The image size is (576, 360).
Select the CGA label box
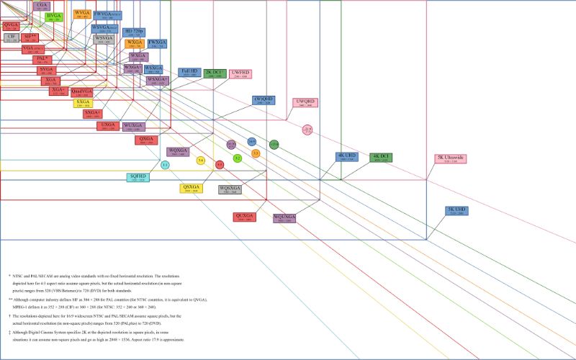pos(41,6)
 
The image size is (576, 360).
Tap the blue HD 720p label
pos(133,32)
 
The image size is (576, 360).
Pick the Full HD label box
pos(189,73)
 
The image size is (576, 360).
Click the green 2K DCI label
pos(215,73)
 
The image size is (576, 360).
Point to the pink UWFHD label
pos(240,73)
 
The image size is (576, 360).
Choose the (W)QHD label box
pos(264,100)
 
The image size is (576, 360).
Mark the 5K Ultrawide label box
pos(450,158)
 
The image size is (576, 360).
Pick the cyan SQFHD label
pos(138,177)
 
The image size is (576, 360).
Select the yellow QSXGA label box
pos(191,188)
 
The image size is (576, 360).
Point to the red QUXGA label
pos(245,216)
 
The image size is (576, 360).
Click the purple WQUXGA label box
pos(284,217)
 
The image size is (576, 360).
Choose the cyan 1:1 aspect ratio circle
pos(165,166)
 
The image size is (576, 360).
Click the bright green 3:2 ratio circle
pos(238,158)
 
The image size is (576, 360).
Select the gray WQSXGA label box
pos(230,189)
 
